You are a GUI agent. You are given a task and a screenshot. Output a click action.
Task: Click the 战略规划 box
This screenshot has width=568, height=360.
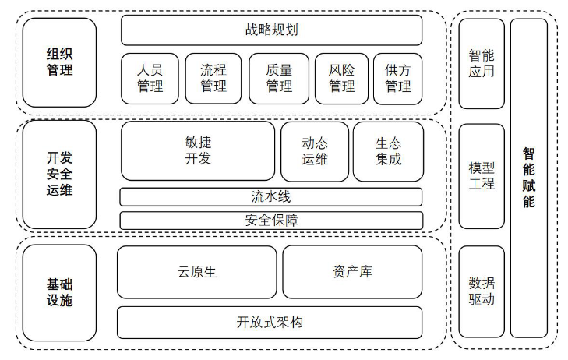pyautogui.click(x=271, y=30)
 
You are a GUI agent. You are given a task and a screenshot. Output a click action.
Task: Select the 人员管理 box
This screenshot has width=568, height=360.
pyautogui.click(x=150, y=78)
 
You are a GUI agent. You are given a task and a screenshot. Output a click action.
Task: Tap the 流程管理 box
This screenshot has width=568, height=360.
pyautogui.click(x=213, y=78)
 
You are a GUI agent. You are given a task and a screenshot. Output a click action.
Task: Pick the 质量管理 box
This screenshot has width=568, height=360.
pyautogui.click(x=279, y=78)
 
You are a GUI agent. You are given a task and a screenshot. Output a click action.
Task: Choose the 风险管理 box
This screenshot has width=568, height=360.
pyautogui.click(x=341, y=78)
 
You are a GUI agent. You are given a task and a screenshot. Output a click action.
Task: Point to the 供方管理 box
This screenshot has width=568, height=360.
pyautogui.click(x=397, y=78)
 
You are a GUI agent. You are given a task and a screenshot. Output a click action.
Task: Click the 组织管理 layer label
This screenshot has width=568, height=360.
pyautogui.click(x=60, y=62)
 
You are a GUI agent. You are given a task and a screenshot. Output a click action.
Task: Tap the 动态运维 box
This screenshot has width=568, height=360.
pyautogui.click(x=314, y=151)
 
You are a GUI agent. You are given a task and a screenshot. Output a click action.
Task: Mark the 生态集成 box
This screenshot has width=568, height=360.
pyautogui.click(x=388, y=151)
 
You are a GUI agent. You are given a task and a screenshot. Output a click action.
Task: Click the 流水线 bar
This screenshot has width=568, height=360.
pyautogui.click(x=271, y=196)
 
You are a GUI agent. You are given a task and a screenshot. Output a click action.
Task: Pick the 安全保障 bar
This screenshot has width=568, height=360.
pyautogui.click(x=271, y=220)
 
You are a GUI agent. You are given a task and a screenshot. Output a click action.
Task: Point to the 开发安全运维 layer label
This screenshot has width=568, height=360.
pyautogui.click(x=60, y=173)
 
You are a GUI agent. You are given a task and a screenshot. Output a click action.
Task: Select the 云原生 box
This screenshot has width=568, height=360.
pyautogui.click(x=197, y=272)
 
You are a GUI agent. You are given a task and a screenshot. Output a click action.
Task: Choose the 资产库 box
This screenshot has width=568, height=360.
pyautogui.click(x=352, y=272)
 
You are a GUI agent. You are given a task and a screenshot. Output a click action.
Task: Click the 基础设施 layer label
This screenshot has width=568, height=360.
pyautogui.click(x=60, y=292)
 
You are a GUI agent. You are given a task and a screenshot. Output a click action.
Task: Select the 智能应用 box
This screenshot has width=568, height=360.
pyautogui.click(x=481, y=64)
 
